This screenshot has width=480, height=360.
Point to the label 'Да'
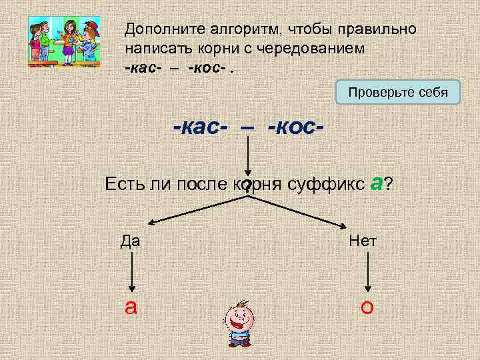pyautogui.click(x=131, y=241)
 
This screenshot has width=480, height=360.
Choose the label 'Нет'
pyautogui.click(x=363, y=241)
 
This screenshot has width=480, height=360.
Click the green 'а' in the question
pyautogui.click(x=375, y=183)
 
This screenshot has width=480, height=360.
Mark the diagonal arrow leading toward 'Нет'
pyautogui.click(x=300, y=210)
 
